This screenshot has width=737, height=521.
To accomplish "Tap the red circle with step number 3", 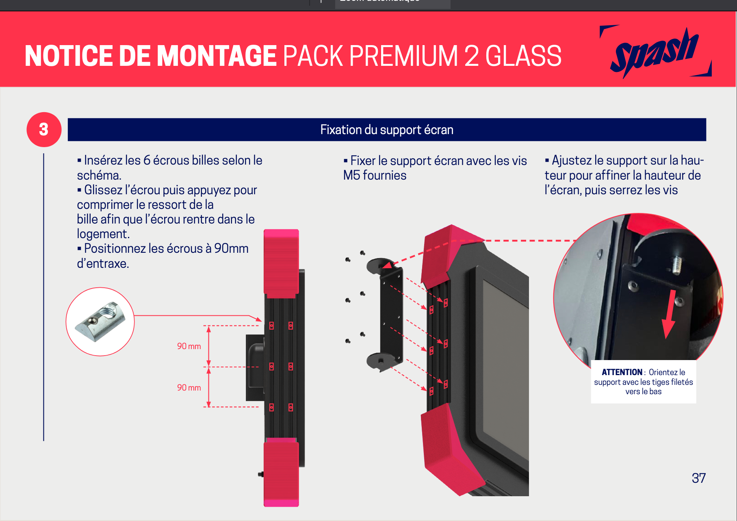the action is tap(44, 130).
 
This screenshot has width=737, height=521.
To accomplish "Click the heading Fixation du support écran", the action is tap(386, 130).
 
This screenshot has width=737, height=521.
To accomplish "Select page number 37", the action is tap(698, 478).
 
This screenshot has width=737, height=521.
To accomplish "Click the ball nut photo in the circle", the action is tap(100, 321).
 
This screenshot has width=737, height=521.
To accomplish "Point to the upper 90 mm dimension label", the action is tap(189, 346).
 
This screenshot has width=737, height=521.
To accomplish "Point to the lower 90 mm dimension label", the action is tap(189, 388).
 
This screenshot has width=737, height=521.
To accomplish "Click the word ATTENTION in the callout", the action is tap(622, 372).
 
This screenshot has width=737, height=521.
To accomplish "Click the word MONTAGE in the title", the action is tap(217, 56).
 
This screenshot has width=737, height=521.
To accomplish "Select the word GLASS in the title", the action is tap(523, 56).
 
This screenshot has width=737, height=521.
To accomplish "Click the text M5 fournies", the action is tap(375, 175).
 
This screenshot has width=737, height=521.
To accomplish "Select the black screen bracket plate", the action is tap(391, 315).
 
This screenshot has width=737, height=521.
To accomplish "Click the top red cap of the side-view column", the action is tap(281, 262).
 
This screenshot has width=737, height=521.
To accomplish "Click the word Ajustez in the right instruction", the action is tap(571, 161).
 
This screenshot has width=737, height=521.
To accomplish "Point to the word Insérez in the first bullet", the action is tap(104, 160).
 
